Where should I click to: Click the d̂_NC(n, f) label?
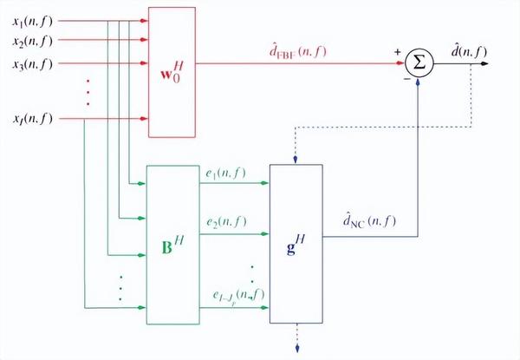367,222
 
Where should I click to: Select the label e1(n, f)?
225,173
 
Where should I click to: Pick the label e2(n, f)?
225,222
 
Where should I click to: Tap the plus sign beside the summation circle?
399,52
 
